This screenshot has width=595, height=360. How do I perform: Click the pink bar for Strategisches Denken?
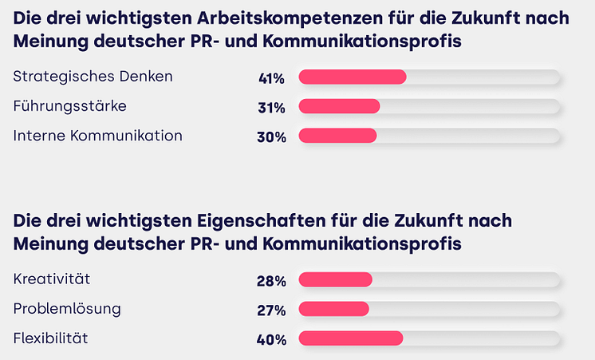pos(352,77)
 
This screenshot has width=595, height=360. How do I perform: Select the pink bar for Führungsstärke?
pos(339,107)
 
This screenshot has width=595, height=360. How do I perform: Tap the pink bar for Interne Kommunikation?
pos(337,136)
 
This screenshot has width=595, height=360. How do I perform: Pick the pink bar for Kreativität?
pos(335,279)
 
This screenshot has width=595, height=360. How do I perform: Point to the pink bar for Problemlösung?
pos(333,309)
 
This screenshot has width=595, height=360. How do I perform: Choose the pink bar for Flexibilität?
pos(350,338)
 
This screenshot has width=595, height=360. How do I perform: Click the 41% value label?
pos(271,78)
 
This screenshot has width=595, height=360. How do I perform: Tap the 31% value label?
pos(271,108)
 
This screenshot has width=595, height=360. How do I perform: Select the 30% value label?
pos(271,137)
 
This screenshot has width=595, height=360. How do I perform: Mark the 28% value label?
pos(271,281)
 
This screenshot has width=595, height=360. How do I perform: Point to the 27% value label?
pos(271,311)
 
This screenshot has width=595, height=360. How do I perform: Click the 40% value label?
pos(271,340)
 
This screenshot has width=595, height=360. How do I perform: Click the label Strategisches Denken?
pos(93,77)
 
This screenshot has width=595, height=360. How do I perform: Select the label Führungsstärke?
pos(70,106)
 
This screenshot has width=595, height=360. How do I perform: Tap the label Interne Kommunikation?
pos(98,136)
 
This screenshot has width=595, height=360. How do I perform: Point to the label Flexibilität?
pos(50,338)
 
